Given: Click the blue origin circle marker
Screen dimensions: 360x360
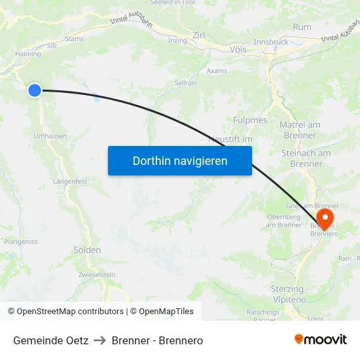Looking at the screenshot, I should click(x=35, y=90).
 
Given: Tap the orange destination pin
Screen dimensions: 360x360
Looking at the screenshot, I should click(x=325, y=218).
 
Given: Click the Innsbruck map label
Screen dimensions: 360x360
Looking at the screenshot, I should click(x=270, y=42).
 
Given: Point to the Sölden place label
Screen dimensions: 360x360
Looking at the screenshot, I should click(x=87, y=250).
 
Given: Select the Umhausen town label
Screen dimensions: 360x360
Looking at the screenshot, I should click(x=50, y=135).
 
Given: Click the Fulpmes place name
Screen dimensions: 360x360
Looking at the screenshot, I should click(x=250, y=120).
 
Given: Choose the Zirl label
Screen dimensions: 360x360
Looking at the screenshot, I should click(x=199, y=35).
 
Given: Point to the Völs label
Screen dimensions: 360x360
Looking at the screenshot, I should click(x=238, y=49).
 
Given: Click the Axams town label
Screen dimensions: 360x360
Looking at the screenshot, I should click(x=217, y=71).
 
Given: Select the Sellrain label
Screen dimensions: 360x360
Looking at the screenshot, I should click(x=186, y=83).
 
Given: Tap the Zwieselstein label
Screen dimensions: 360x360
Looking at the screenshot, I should click(x=97, y=274).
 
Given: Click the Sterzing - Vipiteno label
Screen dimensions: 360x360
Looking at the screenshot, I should click(x=289, y=294).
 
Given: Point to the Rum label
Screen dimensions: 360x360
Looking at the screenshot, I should click(x=302, y=27).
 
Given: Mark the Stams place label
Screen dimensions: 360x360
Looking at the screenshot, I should click(x=74, y=39).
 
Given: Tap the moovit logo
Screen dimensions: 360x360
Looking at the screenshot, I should click(x=321, y=340).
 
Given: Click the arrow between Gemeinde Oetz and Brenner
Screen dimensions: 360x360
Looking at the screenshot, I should click(x=100, y=340).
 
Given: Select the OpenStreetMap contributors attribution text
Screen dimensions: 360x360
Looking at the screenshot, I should click(x=65, y=312).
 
